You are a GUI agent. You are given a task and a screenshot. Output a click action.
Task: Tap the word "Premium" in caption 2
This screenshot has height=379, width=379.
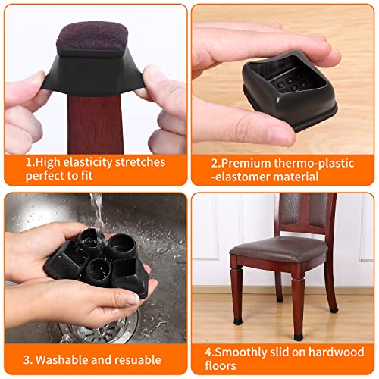click(243, 161)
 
